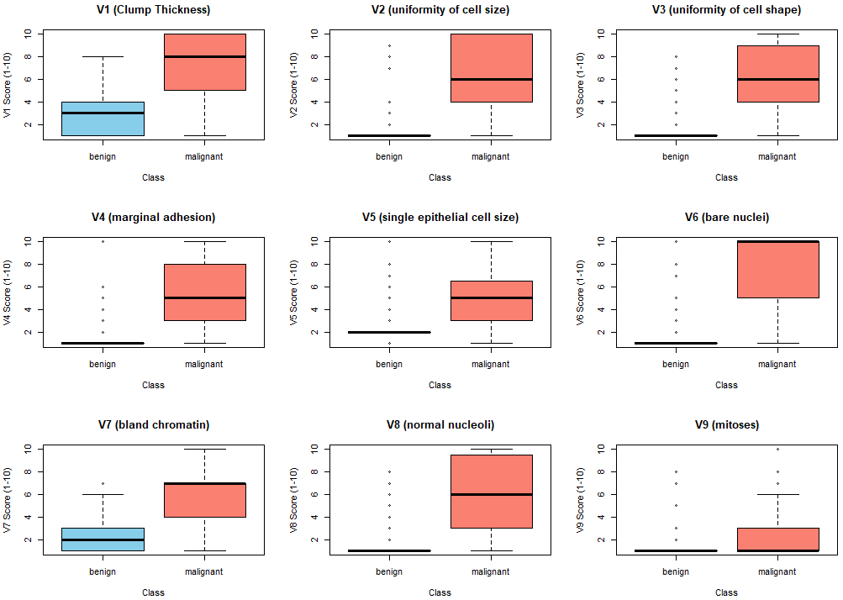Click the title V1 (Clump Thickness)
pyautogui.click(x=153, y=10)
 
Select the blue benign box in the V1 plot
pyautogui.click(x=103, y=118)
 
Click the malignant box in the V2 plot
pyautogui.click(x=491, y=67)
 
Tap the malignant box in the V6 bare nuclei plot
pyautogui.click(x=777, y=269)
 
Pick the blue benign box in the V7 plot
pyautogui.click(x=103, y=539)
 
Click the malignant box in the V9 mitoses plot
pyautogui.click(x=777, y=539)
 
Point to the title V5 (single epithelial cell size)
pyautogui.click(x=440, y=217)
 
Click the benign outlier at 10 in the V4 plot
pyautogui.click(x=103, y=241)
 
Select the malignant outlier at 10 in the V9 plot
pyautogui.click(x=777, y=449)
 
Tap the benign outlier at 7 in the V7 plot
pyautogui.click(x=103, y=483)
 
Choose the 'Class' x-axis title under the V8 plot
pyautogui.click(x=440, y=592)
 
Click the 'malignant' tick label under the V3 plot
pyautogui.click(x=777, y=156)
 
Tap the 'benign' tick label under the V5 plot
pyautogui.click(x=389, y=364)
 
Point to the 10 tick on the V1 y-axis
pyautogui.click(x=28, y=34)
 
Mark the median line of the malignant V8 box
pyautogui.click(x=491, y=494)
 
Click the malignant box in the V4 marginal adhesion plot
pyautogui.click(x=204, y=292)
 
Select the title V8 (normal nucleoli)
pyautogui.click(x=440, y=424)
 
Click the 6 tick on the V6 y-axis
pyautogui.click(x=601, y=287)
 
